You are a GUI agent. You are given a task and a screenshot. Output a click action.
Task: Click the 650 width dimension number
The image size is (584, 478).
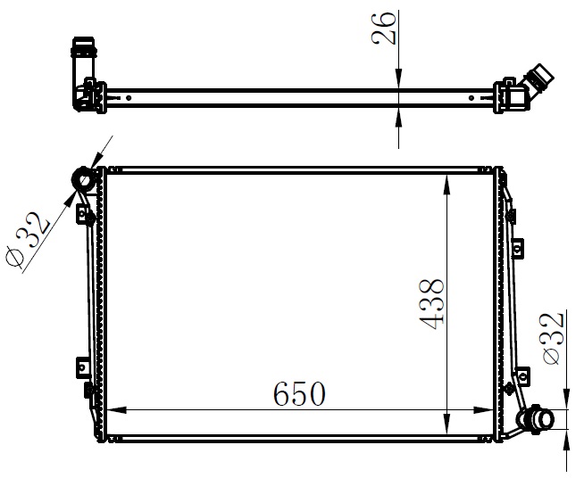[x=299, y=393]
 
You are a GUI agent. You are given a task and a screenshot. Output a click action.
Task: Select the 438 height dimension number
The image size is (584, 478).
[x=432, y=305]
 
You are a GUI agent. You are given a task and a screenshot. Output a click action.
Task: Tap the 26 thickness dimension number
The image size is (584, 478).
[x=383, y=28]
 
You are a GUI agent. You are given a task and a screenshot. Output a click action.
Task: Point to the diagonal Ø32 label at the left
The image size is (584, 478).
[x=28, y=240]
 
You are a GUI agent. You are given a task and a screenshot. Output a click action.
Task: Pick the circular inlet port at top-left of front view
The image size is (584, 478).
[x=85, y=180]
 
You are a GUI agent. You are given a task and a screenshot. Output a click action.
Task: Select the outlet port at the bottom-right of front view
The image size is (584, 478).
[x=537, y=419]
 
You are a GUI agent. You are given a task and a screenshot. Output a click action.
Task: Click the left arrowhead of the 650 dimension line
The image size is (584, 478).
[x=117, y=410]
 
